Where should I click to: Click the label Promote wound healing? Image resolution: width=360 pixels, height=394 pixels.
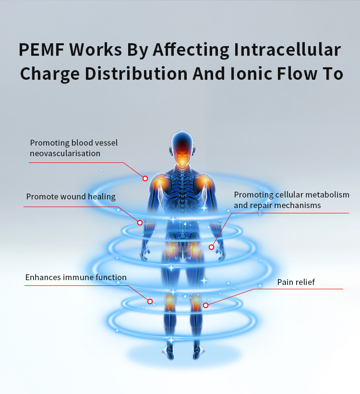tap(71, 197)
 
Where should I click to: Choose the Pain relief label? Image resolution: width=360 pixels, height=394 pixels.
tap(296, 282)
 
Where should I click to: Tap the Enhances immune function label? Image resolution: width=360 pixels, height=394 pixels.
tap(76, 277)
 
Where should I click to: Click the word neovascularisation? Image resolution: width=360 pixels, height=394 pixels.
tap(65, 153)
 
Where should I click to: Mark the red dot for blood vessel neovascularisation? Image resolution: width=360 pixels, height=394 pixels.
tap(145, 178)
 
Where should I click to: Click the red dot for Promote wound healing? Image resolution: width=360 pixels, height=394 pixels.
tap(140, 222)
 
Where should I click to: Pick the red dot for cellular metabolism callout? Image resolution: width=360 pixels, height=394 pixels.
tap(212, 247)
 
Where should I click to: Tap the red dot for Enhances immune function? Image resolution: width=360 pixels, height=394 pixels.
tap(150, 301)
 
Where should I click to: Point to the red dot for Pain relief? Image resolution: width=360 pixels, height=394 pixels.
tap(205, 305)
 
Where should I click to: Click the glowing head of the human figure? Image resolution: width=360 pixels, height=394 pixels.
tap(182, 147)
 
